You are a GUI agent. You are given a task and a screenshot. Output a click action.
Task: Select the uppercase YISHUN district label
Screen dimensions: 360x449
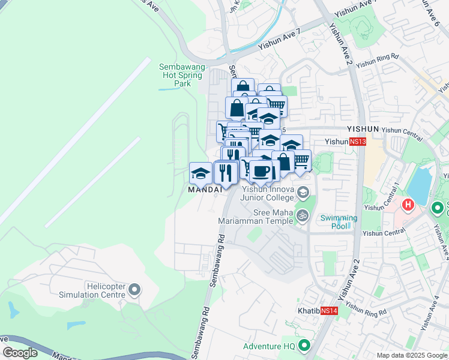[x=363, y=129]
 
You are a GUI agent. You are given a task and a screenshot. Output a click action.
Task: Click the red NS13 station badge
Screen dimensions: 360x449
[x=357, y=142]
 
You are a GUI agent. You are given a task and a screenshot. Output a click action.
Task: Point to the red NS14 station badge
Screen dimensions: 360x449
[x=329, y=311]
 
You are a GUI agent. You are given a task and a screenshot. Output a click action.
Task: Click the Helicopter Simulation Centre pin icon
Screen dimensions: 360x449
[x=134, y=290]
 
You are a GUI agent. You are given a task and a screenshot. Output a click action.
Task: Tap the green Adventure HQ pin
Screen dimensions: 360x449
[x=304, y=346]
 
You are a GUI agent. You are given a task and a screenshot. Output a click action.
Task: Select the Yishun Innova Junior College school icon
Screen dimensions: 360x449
[x=303, y=193]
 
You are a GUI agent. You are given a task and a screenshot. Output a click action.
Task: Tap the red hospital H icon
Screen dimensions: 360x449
[x=408, y=205]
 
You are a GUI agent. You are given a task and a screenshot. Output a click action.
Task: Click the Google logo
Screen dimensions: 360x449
[x=20, y=353]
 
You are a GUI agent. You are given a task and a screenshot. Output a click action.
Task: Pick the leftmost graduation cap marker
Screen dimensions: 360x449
[x=200, y=173]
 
